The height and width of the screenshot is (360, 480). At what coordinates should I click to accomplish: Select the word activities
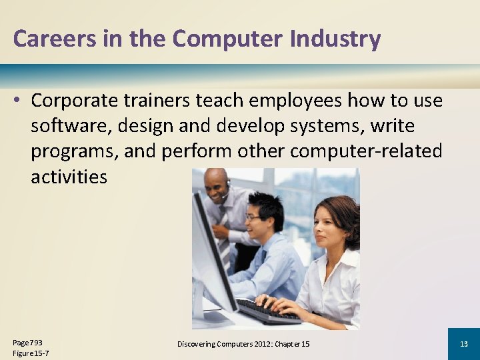pos(69,177)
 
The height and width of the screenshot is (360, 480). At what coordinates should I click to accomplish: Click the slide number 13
pos(464,344)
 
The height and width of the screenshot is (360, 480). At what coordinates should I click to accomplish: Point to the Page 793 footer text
pos(27,342)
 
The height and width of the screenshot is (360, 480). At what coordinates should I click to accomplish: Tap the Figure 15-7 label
pos(31,353)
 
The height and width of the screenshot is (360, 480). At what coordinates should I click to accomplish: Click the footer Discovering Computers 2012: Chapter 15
pos(243,344)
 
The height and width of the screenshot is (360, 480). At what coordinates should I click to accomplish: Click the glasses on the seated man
pos(253,217)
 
